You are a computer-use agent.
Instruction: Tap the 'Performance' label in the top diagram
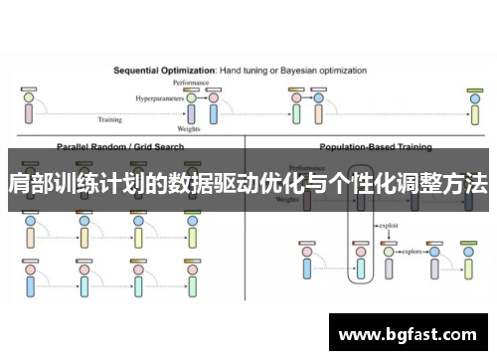[x=190, y=82]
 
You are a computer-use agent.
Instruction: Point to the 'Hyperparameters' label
[x=159, y=98]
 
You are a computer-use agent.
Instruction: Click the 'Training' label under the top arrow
[x=109, y=120]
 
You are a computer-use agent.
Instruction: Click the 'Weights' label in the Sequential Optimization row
[x=189, y=128]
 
